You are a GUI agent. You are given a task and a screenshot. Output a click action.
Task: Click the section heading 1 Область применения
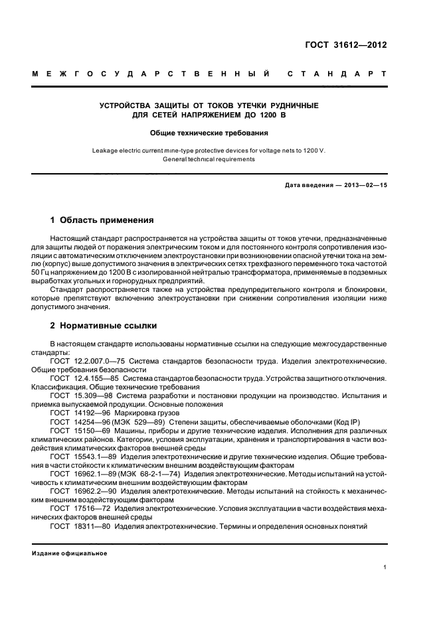tap(102, 219)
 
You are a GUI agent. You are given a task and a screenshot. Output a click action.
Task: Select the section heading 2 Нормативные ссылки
tap(103, 326)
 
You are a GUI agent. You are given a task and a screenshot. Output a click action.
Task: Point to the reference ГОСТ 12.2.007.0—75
tap(84, 360)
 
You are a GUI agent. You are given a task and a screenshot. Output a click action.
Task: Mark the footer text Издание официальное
tap(70, 553)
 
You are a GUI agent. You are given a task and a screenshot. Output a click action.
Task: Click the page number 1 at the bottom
tap(385, 567)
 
